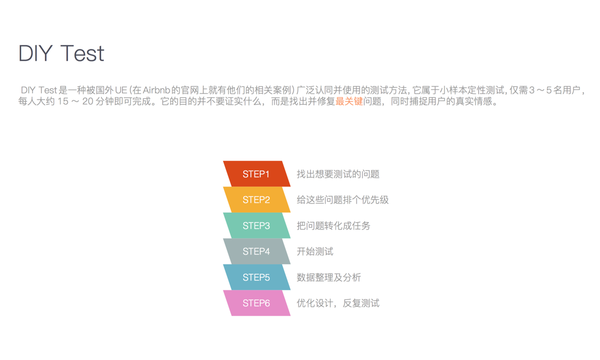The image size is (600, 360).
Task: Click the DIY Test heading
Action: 61,54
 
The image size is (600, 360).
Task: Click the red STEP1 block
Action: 257,174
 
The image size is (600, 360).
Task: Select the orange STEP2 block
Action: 257,200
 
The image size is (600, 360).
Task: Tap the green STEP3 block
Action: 257,226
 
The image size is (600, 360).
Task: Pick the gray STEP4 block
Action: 257,251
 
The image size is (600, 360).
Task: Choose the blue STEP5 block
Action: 257,277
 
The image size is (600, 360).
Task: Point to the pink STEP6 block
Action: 257,303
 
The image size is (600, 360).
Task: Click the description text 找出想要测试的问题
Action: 338,174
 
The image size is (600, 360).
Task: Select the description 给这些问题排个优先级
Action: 342,200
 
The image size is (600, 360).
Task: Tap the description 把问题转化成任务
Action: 333,226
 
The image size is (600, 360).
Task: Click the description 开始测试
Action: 315,251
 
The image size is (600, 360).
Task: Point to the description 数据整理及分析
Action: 329,277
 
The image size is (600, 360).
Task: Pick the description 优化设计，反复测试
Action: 338,303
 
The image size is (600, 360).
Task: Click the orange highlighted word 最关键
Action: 349,101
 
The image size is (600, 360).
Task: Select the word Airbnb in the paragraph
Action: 156,91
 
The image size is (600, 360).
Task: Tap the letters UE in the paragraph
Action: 121,91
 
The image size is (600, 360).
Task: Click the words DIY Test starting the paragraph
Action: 39,91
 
